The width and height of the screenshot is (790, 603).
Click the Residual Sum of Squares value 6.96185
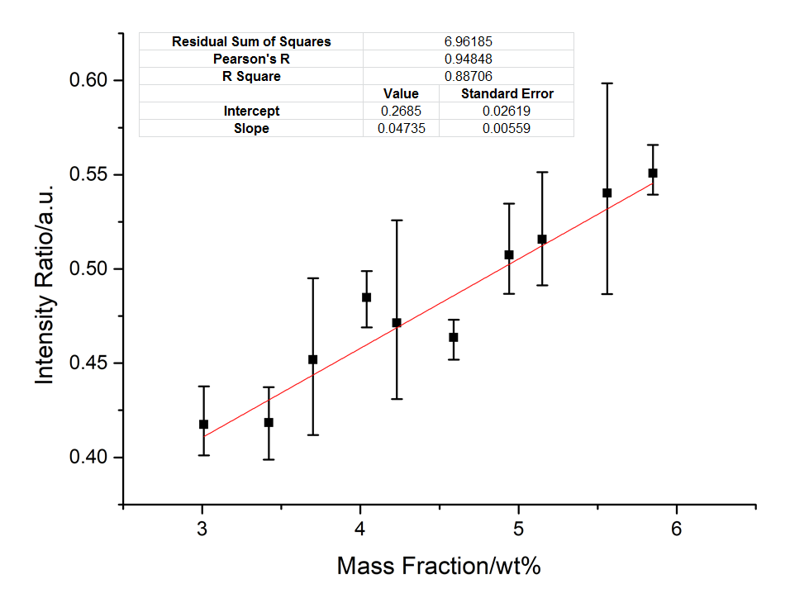point(468,41)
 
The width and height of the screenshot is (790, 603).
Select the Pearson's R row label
point(251,59)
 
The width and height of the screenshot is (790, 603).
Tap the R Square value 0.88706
point(468,76)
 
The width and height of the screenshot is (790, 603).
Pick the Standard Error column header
point(507,93)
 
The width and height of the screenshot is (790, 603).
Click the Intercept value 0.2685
point(401,111)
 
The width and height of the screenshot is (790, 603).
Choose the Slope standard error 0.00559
point(507,128)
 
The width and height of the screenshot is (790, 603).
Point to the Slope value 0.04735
point(401,128)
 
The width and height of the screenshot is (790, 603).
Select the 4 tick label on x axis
point(360,529)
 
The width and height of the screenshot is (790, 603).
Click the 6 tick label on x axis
point(677,529)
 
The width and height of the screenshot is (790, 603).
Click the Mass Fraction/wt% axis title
point(439,567)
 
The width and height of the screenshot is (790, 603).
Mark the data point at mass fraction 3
point(203,425)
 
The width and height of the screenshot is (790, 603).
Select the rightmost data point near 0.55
point(653,173)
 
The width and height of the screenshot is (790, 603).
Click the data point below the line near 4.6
point(454,337)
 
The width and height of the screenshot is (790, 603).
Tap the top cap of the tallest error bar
point(607,83)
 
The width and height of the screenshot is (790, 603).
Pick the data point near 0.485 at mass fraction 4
point(367,297)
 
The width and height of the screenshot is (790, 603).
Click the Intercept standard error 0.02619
point(507,111)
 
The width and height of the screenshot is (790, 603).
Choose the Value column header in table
point(401,93)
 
